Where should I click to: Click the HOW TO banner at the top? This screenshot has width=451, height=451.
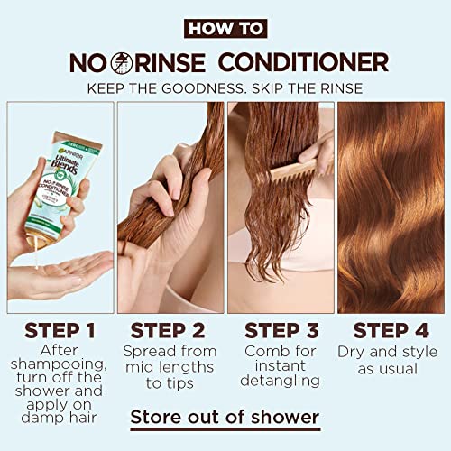225,28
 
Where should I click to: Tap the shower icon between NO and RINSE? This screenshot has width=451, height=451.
121,63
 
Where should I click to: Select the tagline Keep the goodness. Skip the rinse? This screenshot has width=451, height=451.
225,88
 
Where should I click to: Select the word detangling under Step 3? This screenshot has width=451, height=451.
281,381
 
